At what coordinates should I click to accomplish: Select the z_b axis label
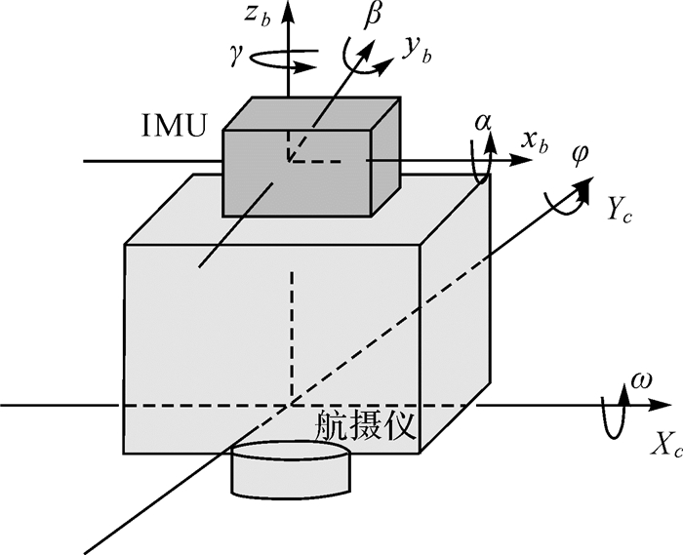coord(258,18)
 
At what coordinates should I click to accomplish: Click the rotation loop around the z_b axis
coord(288,60)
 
